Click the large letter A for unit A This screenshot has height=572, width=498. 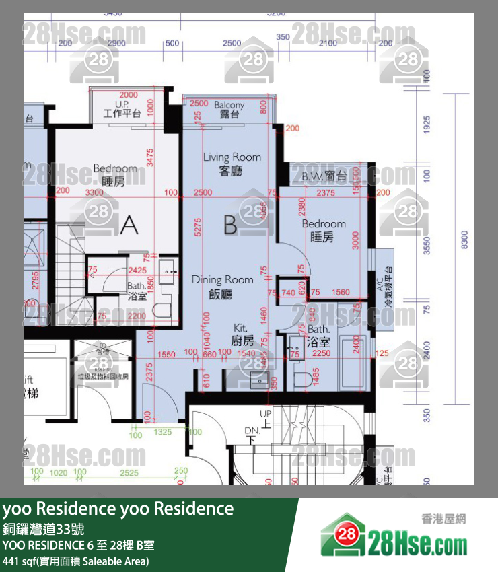pyautogui.click(x=129, y=225)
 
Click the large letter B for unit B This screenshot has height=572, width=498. pyautogui.click(x=230, y=225)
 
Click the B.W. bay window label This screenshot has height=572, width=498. pyautogui.click(x=324, y=177)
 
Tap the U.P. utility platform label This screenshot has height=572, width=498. pyautogui.click(x=122, y=110)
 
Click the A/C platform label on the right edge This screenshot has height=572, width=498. pyautogui.click(x=385, y=285)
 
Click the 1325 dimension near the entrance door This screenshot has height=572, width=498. pyautogui.click(x=162, y=431)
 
